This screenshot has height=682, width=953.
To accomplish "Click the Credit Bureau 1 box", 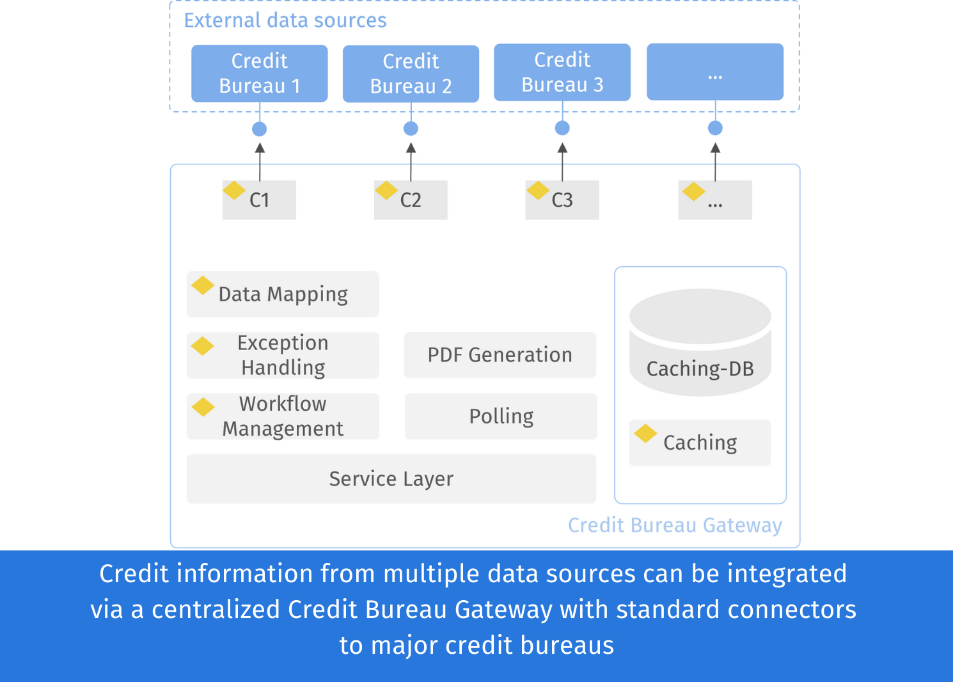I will [x=259, y=73].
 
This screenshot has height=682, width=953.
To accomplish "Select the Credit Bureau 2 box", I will [x=411, y=74].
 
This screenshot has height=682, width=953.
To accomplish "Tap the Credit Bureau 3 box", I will [x=562, y=72].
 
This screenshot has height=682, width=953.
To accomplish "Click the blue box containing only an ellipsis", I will [x=715, y=72].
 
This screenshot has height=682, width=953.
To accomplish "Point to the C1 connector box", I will [x=259, y=200].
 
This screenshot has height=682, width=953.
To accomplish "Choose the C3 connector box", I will [x=562, y=200].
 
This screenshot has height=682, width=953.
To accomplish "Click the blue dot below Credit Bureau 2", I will [x=411, y=129].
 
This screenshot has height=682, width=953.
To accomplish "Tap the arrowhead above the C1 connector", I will [x=260, y=148].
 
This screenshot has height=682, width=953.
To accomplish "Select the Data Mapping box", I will [x=283, y=294].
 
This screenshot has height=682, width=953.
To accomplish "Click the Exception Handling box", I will [x=283, y=355].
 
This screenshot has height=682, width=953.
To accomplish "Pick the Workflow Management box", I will [x=283, y=416].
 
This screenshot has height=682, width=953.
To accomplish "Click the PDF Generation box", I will [x=500, y=355].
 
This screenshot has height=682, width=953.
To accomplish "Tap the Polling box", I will [x=501, y=416].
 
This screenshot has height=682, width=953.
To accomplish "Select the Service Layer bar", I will [x=391, y=479].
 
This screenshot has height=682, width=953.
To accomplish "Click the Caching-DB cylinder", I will [x=700, y=342].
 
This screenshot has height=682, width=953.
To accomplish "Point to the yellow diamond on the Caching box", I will [x=645, y=433].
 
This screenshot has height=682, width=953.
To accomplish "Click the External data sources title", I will [x=285, y=20].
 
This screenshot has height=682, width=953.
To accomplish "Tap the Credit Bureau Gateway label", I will [x=675, y=525].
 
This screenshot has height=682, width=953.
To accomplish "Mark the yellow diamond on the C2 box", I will [x=386, y=190].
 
